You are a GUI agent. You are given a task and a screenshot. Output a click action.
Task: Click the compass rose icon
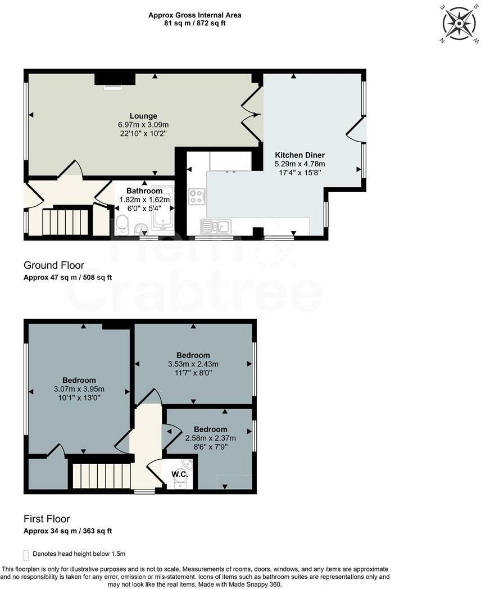click(460, 23)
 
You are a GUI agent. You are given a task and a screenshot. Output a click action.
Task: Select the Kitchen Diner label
click(300, 155)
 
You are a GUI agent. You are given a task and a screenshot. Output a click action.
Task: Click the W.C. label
click(179, 474)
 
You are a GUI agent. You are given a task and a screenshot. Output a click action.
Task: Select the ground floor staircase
click(66, 221)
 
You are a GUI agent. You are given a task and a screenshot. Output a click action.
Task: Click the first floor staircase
click(99, 476)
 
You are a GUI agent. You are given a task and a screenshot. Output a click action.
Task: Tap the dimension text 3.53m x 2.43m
click(193, 364)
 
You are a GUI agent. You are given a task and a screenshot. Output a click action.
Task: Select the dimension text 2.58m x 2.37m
click(211, 438)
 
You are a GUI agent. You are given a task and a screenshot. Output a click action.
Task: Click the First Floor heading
click(47, 519)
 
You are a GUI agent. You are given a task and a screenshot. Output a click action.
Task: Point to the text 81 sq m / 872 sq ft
click(194, 24)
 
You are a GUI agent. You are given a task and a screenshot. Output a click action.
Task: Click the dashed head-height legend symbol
click(26, 554)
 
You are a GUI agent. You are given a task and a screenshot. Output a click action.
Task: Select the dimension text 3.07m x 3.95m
click(79, 389)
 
